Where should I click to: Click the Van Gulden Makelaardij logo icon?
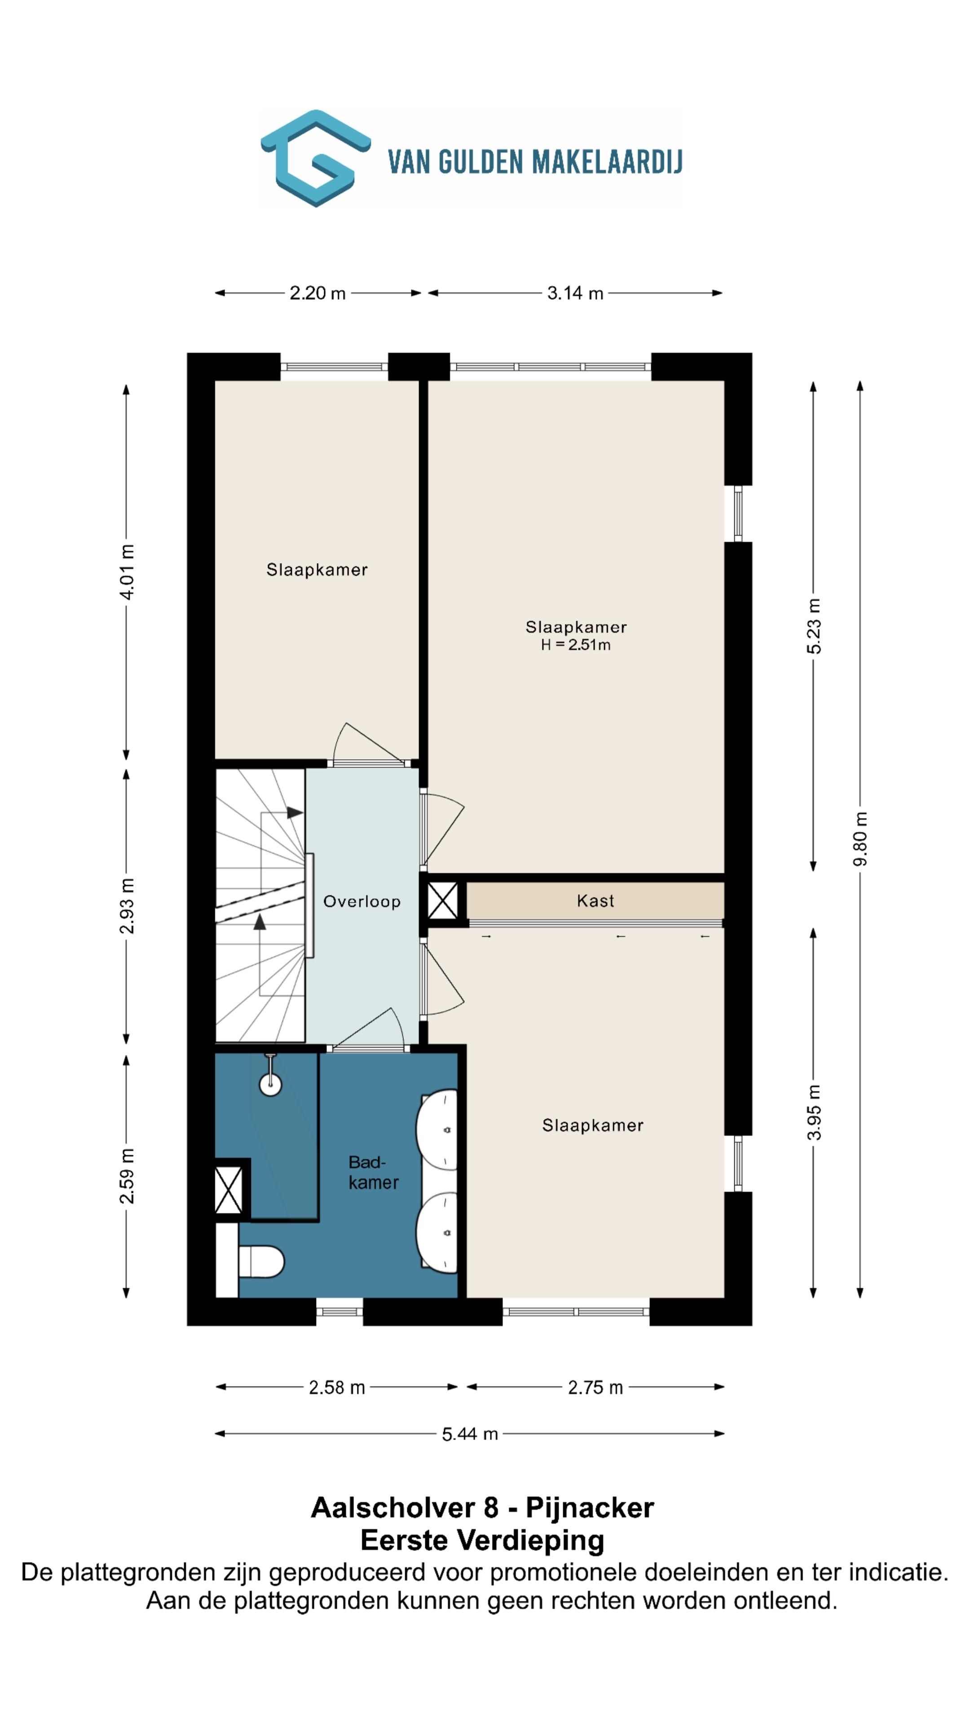(315, 158)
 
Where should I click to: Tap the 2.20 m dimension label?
(317, 293)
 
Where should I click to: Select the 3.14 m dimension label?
(575, 293)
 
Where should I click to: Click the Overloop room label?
(362, 902)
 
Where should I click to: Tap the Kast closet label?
(595, 901)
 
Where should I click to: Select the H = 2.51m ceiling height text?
(576, 645)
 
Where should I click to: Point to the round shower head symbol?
(270, 1085)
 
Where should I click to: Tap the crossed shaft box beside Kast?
(442, 901)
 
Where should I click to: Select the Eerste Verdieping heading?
(482, 1541)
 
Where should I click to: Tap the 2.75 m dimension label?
(595, 1387)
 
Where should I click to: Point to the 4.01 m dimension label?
(127, 572)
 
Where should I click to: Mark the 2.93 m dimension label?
(127, 906)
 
